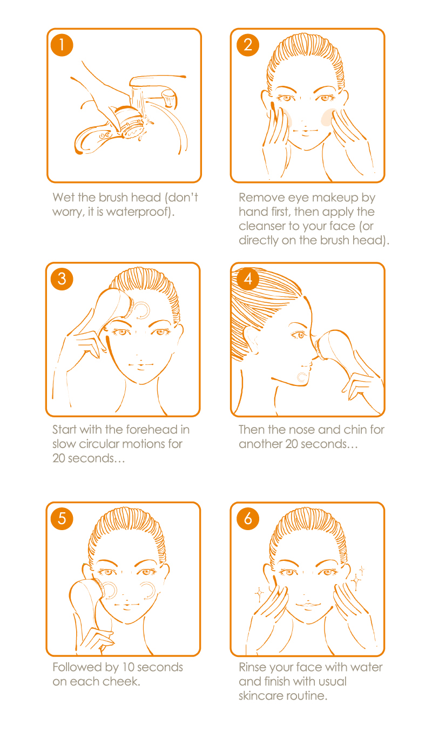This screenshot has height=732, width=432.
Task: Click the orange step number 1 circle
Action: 62,45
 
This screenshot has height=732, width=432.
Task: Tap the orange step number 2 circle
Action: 248,45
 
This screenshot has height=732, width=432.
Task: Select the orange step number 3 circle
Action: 62,279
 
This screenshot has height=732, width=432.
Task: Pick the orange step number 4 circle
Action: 248,279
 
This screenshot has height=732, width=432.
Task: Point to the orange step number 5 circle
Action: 62,519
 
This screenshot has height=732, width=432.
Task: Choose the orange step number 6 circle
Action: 248,519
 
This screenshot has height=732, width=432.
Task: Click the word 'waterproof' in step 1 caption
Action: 137,212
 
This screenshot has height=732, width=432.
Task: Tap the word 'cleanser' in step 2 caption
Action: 262,226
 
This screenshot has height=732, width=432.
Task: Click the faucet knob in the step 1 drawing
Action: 169,98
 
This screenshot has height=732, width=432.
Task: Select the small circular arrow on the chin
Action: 302,377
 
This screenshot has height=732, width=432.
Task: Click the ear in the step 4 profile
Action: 249,341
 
